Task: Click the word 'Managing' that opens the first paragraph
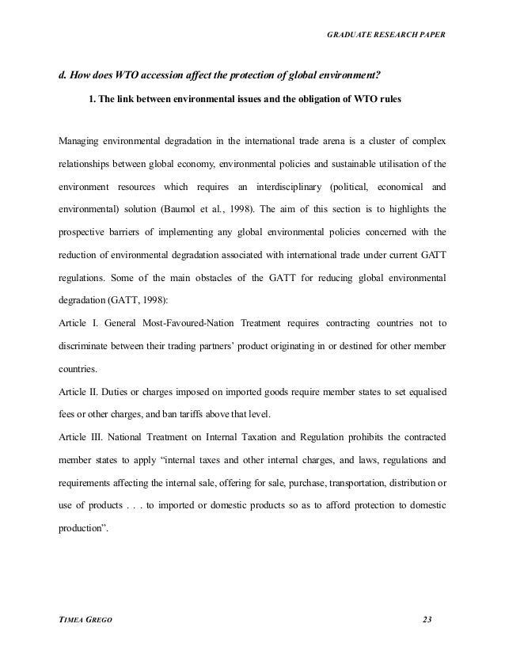pos(81,143)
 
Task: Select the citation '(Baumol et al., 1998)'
pos(237,212)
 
